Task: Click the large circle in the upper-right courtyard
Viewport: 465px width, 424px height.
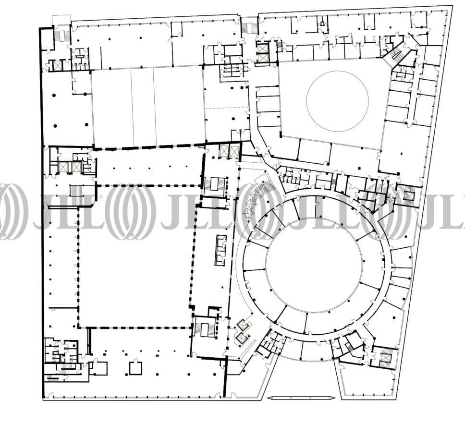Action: pos(307,101)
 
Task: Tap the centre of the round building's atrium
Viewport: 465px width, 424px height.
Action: pos(314,265)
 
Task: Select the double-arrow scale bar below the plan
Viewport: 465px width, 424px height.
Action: pos(301,398)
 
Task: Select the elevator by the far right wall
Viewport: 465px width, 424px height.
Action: pos(409,195)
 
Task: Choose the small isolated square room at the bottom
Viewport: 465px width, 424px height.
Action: pos(135,368)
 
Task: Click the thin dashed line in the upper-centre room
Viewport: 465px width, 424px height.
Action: pos(226,108)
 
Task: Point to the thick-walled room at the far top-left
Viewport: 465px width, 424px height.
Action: pos(47,39)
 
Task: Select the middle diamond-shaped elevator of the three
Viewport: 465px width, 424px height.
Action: pos(251,205)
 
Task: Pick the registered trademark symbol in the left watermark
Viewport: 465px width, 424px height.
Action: pos(101,197)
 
